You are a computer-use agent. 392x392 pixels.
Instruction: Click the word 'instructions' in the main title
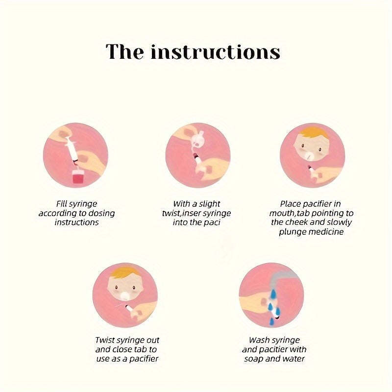tap(215, 51)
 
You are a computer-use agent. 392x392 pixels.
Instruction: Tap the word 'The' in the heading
tap(125, 51)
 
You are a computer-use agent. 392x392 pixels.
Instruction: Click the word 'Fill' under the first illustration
tap(61, 204)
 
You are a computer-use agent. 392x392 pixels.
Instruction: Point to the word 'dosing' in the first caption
tap(101, 213)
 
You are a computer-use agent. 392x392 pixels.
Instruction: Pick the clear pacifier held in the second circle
tap(197, 141)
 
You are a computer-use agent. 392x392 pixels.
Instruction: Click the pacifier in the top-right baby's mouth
tap(310, 155)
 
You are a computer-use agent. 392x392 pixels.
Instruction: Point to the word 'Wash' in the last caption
tap(259, 340)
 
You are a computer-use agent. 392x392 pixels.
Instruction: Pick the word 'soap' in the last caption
tap(254, 359)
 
